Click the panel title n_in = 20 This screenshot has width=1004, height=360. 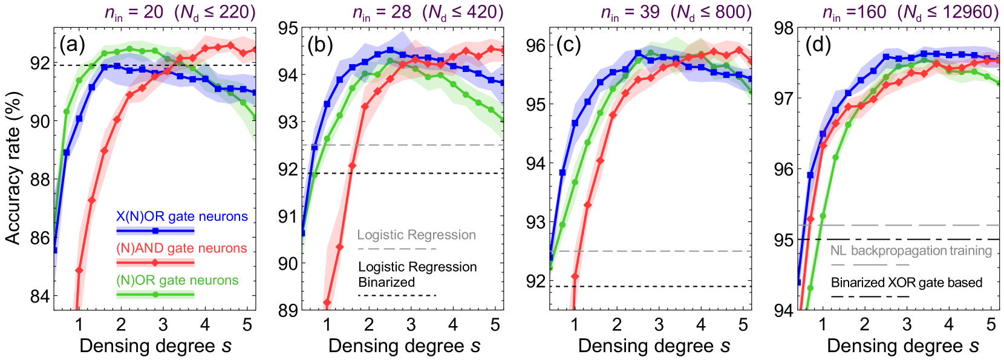[134, 12]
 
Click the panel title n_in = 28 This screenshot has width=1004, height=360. [382, 12]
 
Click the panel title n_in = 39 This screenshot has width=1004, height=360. [630, 12]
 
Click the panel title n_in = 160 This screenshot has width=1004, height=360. [854, 12]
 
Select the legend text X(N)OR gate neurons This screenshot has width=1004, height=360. [181, 217]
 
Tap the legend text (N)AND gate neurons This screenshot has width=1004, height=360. [181, 248]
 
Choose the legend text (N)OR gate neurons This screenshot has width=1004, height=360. [177, 280]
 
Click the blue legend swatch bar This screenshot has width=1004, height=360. [155, 231]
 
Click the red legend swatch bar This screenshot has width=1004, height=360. [155, 263]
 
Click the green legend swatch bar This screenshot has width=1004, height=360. [155, 295]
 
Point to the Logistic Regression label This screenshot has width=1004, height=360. [416, 235]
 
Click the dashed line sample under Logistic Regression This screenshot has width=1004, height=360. [396, 249]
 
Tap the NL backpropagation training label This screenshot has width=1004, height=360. [911, 250]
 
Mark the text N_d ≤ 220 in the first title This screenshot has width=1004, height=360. [215, 12]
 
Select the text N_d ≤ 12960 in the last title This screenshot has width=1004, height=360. [948, 12]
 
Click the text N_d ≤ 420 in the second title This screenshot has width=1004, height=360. [463, 12]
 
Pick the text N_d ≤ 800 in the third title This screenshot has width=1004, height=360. [711, 12]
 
